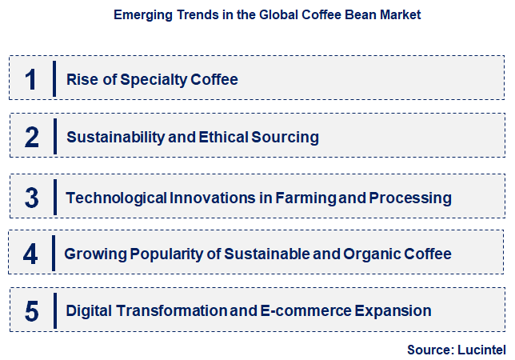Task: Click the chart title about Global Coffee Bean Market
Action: (267, 14)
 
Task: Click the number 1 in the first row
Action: (31, 79)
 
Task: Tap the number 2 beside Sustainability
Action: (31, 138)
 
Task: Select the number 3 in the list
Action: (31, 198)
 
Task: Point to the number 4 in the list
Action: (30, 254)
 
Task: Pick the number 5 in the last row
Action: (31, 311)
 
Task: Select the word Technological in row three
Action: (116, 198)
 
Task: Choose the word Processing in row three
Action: (411, 198)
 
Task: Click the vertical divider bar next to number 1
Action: (54, 79)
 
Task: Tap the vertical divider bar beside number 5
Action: (54, 311)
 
